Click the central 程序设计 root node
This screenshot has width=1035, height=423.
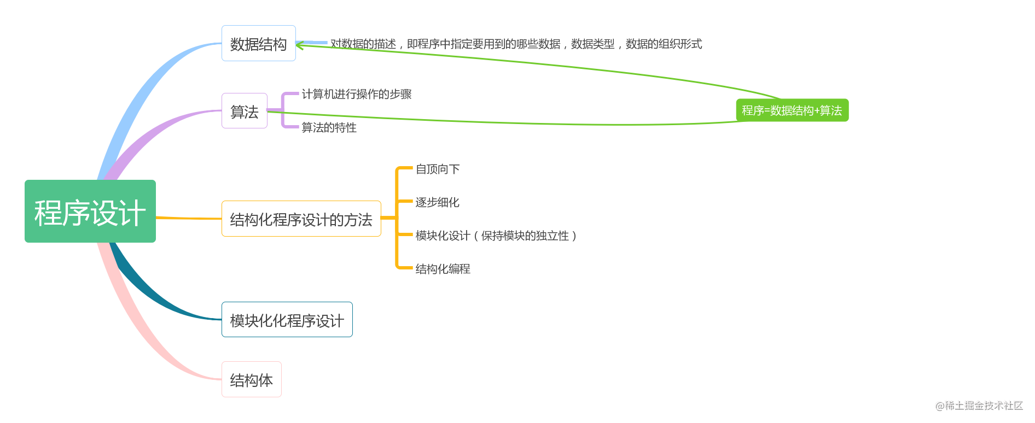[x=90, y=211]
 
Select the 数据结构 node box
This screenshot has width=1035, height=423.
[x=258, y=44]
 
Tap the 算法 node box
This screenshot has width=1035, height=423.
[x=244, y=111]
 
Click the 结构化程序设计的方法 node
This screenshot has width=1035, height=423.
[x=301, y=219]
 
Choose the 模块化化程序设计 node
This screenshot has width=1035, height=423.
[x=287, y=320]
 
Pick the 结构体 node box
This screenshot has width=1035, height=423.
[x=251, y=379]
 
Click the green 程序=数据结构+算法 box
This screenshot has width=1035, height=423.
[x=792, y=110]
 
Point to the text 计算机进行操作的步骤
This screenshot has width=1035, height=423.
[x=357, y=94]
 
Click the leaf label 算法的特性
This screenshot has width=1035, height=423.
[x=329, y=127]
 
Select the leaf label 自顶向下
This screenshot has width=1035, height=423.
[x=438, y=169]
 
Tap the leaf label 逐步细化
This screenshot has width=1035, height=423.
[x=437, y=202]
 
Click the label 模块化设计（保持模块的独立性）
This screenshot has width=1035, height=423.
[x=496, y=236]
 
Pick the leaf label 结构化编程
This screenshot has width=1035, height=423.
[x=443, y=269]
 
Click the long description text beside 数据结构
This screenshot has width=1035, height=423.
[x=516, y=44]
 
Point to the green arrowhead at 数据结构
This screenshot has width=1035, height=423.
[x=300, y=45]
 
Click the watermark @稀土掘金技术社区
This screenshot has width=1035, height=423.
[x=979, y=406]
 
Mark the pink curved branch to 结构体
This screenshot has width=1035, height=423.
[x=137, y=328]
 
